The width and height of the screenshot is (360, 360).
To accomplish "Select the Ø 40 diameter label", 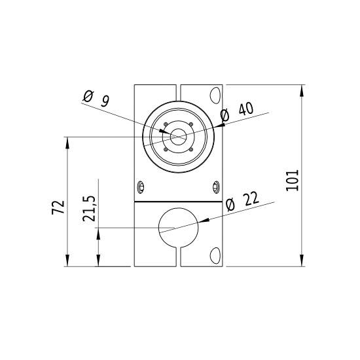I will (238, 112).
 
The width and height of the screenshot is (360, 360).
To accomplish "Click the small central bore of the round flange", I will (179, 137).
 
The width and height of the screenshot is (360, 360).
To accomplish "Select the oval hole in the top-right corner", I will (213, 95).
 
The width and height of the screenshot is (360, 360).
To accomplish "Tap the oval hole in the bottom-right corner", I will (214, 256).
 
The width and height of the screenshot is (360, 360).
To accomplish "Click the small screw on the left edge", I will (140, 187).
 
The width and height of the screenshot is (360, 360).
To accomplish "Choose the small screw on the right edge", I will (217, 187).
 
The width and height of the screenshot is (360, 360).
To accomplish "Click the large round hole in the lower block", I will (179, 227).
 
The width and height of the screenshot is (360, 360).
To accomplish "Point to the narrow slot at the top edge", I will (179, 90).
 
